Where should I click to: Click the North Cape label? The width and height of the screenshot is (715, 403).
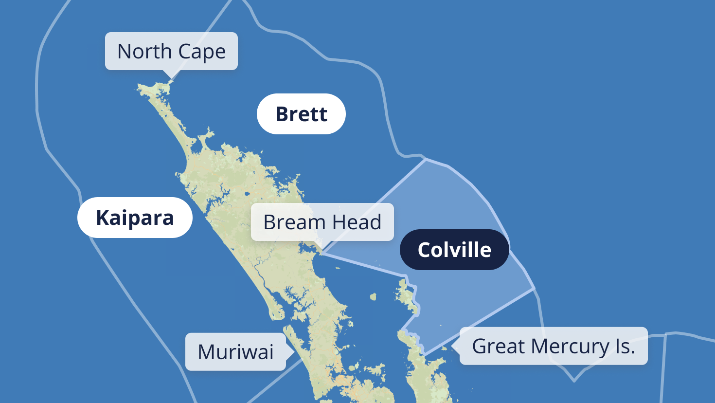pyautogui.click(x=171, y=51)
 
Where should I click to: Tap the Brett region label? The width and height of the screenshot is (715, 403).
pyautogui.click(x=301, y=114)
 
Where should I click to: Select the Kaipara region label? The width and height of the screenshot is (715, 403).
pyautogui.click(x=135, y=218)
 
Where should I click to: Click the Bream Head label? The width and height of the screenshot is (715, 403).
pyautogui.click(x=322, y=222)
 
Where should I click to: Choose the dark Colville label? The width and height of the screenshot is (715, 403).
pyautogui.click(x=454, y=250)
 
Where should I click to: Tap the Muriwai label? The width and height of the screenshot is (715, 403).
pyautogui.click(x=235, y=352)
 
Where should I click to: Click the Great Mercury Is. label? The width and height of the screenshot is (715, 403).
pyautogui.click(x=554, y=346)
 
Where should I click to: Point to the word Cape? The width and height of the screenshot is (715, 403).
pyautogui.click(x=201, y=52)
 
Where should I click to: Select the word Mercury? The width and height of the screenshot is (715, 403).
pyautogui.click(x=570, y=347)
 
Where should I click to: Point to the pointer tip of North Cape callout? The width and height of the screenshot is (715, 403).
pyautogui.click(x=170, y=79)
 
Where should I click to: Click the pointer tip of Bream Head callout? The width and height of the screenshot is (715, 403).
pyautogui.click(x=322, y=252)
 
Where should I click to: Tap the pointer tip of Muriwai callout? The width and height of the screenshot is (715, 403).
pyautogui.click(x=294, y=351)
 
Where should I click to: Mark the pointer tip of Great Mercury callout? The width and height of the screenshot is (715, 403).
pyautogui.click(x=452, y=346)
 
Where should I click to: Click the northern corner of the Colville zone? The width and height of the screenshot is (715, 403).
pyautogui.click(x=426, y=159)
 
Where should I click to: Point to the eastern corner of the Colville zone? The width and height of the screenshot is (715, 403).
pyautogui.click(x=535, y=289)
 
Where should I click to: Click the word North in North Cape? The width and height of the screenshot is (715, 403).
pyautogui.click(x=144, y=51)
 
